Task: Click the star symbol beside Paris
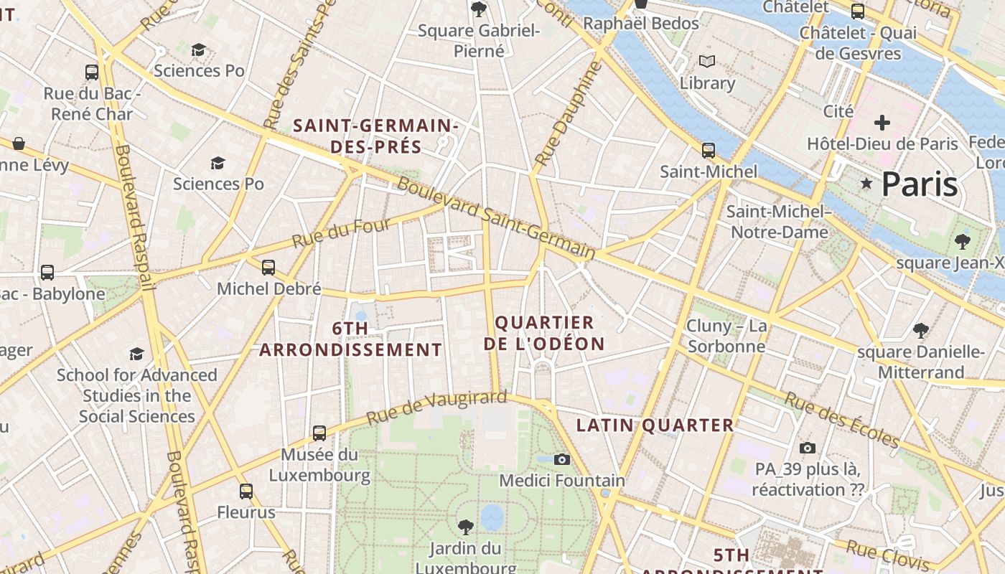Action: click(x=866, y=184)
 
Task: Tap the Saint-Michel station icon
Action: click(x=709, y=151)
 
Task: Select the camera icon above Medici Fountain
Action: click(x=562, y=459)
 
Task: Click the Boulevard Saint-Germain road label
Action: click(x=496, y=218)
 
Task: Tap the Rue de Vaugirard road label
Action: click(x=436, y=407)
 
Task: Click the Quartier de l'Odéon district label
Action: click(x=544, y=333)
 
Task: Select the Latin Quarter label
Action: click(x=655, y=425)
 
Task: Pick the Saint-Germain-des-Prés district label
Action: click(x=375, y=136)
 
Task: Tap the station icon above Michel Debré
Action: click(x=268, y=268)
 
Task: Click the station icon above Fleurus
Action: click(x=246, y=491)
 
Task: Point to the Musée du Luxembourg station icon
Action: click(x=319, y=433)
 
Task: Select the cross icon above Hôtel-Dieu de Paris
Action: click(x=882, y=123)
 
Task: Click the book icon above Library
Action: click(x=707, y=62)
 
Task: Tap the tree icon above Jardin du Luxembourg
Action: click(x=465, y=527)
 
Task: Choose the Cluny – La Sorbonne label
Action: click(x=726, y=337)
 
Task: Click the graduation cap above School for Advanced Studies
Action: click(x=136, y=354)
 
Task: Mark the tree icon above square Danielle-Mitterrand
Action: click(x=920, y=331)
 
